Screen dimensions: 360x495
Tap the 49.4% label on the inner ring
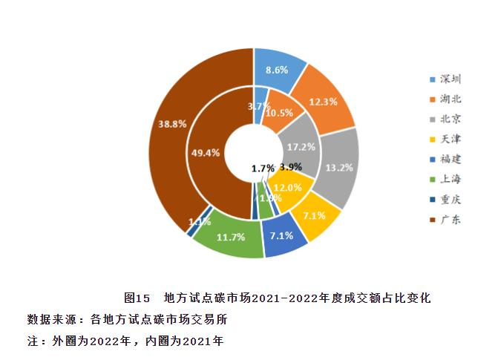pos(206,153)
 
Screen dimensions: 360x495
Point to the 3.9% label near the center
pos(291,166)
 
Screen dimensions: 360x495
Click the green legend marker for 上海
pos(432,179)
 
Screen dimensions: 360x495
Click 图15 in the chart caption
pos(138,298)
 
